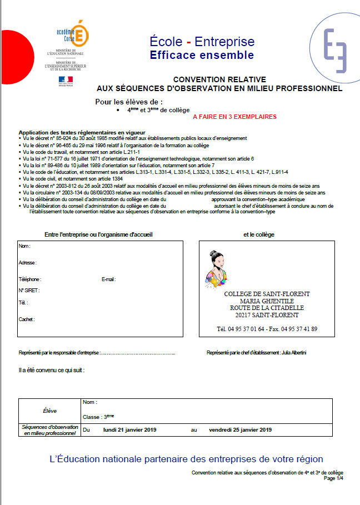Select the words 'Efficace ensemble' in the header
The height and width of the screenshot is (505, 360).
[x=202, y=55]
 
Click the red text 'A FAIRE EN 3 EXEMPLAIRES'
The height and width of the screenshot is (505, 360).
[x=234, y=117]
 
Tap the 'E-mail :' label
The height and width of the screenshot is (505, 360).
[x=108, y=279]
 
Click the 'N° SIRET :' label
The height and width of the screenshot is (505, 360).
[x=29, y=290]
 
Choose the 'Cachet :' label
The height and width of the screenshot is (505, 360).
[x=27, y=319]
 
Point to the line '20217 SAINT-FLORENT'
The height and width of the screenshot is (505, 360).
[x=267, y=315]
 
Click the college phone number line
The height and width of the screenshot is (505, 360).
[x=267, y=329]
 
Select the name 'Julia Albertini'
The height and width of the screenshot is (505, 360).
[x=294, y=353]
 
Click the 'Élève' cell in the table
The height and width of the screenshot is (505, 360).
[x=49, y=411]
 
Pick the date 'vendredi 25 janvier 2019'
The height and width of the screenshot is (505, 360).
[x=240, y=429]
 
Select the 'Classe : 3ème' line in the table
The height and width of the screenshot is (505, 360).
[x=98, y=417]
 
